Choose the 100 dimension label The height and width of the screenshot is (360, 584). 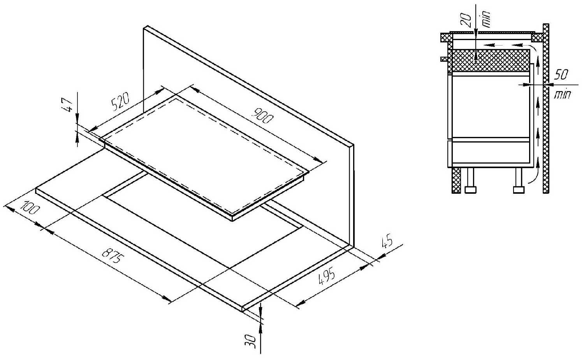coord(30,207)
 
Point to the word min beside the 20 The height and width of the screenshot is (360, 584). coord(486,19)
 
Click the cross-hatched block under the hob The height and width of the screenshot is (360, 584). coord(491,61)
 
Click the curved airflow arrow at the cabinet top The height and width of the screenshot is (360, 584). coord(532,49)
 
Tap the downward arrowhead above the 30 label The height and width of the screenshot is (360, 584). coord(261,311)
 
